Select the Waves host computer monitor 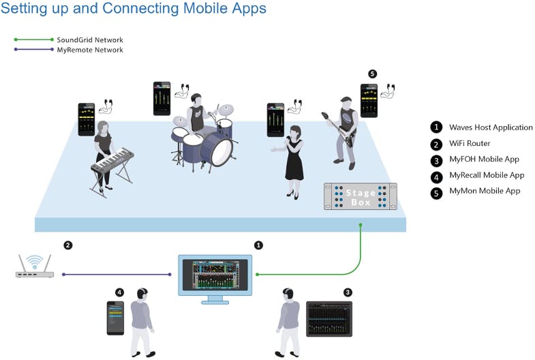215,274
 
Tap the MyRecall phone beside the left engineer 116,318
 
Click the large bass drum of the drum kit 222,150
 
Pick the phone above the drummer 162,98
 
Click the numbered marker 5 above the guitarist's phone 372,74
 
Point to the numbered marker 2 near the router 67,245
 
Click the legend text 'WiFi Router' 469,143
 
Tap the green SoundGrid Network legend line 32,40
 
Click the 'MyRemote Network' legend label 90,50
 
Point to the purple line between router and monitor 116,274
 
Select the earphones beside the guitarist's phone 388,90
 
